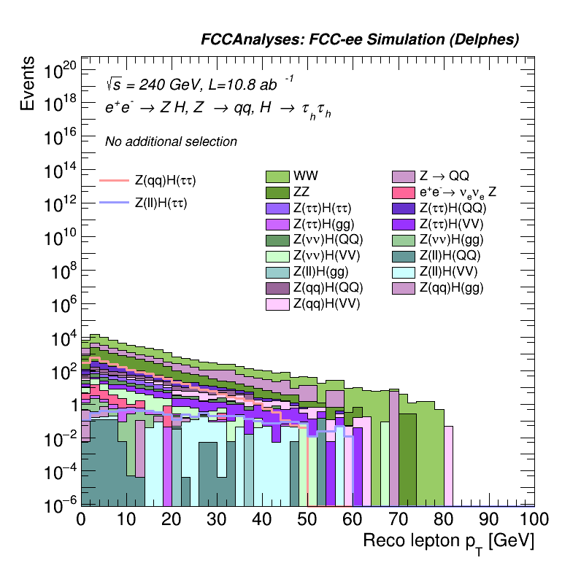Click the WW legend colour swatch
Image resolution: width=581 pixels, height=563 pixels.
277,176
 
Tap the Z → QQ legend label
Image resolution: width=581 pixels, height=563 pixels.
444,176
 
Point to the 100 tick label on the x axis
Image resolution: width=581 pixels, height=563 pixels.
534,519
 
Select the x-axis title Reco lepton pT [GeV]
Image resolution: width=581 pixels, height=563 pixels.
449,542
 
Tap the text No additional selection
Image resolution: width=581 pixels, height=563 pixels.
171,141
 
